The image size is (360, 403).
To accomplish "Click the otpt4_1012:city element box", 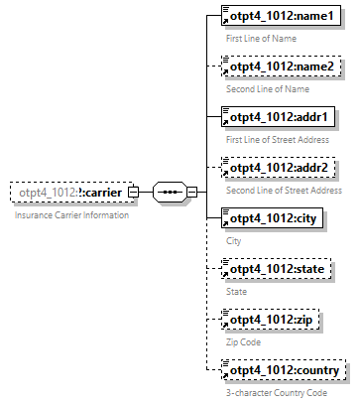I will [x=268, y=219].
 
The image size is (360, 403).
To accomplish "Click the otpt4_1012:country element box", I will [x=283, y=371].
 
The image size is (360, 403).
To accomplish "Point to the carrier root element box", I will [x=69, y=193].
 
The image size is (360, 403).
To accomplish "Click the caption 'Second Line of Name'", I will [x=268, y=88].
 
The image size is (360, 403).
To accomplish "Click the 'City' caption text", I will [x=234, y=240].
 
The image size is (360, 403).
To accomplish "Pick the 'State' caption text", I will [x=237, y=291].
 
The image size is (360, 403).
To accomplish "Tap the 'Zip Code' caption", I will [x=243, y=341].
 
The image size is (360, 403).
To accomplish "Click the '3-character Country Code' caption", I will [x=276, y=392].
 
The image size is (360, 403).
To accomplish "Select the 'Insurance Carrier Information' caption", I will [x=70, y=214].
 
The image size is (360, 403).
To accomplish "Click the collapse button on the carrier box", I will [x=134, y=193].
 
